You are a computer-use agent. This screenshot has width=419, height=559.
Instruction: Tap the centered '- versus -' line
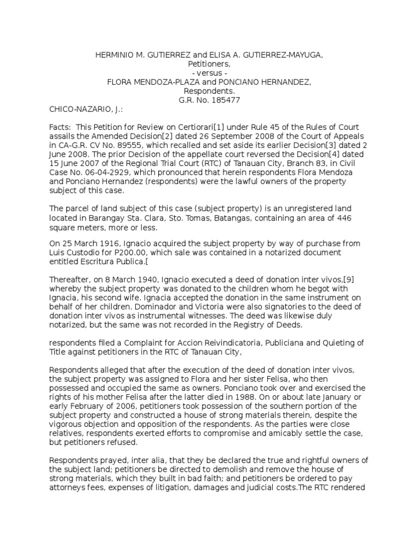[x=210, y=73]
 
